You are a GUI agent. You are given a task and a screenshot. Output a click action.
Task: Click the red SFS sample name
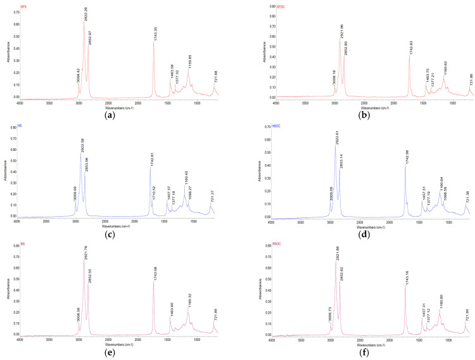pyautogui.click(x=23, y=6)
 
